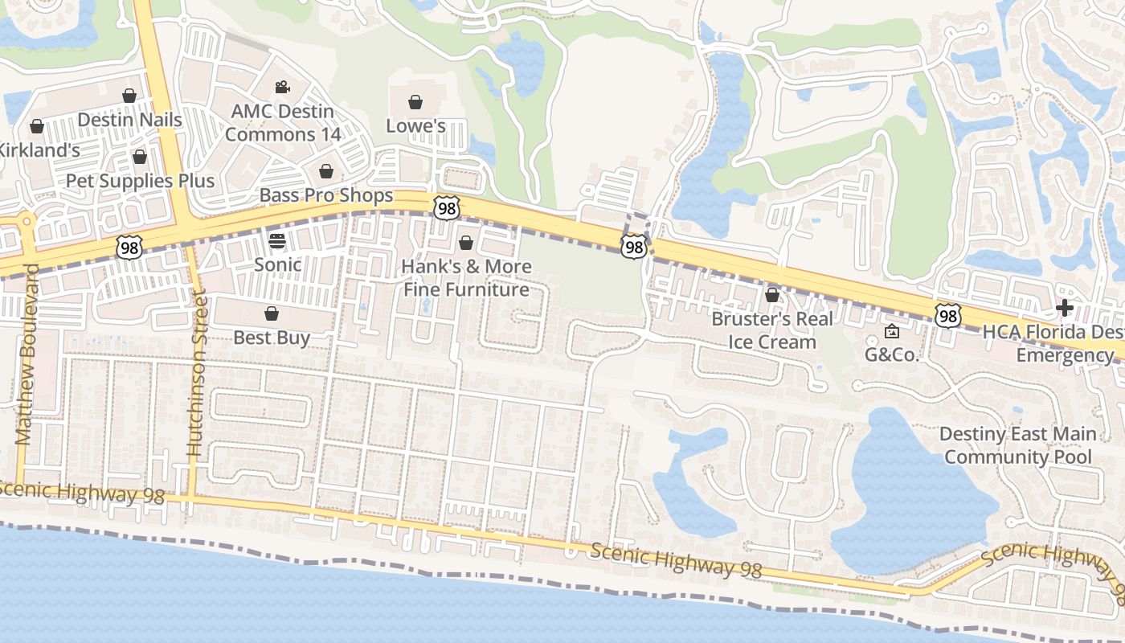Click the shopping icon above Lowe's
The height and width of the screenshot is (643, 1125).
pos(415,102)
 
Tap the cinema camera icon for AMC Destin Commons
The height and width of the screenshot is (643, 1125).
pos(282,87)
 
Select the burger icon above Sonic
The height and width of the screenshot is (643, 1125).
pos(277,240)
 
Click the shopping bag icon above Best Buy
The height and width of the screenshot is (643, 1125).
pos(272,313)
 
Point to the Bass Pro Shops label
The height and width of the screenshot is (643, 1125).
pos(326,195)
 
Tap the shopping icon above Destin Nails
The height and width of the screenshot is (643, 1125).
pos(129,96)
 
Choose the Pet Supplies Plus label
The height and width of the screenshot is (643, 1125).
pos(140,181)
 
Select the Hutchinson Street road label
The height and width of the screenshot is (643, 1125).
pos(198,375)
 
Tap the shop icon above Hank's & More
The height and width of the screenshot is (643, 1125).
pos(466,243)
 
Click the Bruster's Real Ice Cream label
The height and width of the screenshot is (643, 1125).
pos(772,330)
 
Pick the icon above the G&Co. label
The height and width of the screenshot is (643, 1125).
pos(892,331)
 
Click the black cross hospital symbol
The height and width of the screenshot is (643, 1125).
pos(1065,308)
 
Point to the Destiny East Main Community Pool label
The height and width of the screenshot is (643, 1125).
pos(1018,445)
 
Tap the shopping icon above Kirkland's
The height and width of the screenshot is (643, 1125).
pos(37,126)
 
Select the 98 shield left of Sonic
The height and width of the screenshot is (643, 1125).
pos(129,247)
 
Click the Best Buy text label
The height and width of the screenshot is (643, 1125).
pos(272,338)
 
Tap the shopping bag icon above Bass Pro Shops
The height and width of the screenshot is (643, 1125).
pos(326,171)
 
